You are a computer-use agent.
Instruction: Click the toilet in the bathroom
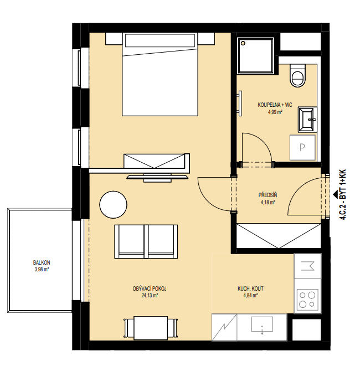point(297,75)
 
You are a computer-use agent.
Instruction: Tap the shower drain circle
point(243,43)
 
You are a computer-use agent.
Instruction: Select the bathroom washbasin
point(307,120)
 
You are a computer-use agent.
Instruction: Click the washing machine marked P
point(302,147)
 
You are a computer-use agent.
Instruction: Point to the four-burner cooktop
point(307,300)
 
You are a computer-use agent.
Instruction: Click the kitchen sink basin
point(262,324)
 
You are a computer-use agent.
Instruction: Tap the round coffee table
point(114,204)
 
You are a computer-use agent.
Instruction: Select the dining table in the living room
point(151,328)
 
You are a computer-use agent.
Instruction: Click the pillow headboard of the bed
point(160,40)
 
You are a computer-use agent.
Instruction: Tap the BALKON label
point(42,262)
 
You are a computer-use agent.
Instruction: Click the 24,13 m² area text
point(150,296)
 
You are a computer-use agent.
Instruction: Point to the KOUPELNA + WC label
point(275,105)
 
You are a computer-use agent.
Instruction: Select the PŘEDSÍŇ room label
point(268,195)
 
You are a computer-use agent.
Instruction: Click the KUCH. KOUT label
point(250,288)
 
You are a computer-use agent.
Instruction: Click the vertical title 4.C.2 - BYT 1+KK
point(343,195)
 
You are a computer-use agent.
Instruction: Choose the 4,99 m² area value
point(275,112)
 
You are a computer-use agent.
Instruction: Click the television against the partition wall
point(158,178)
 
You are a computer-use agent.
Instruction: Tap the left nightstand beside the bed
point(114,39)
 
